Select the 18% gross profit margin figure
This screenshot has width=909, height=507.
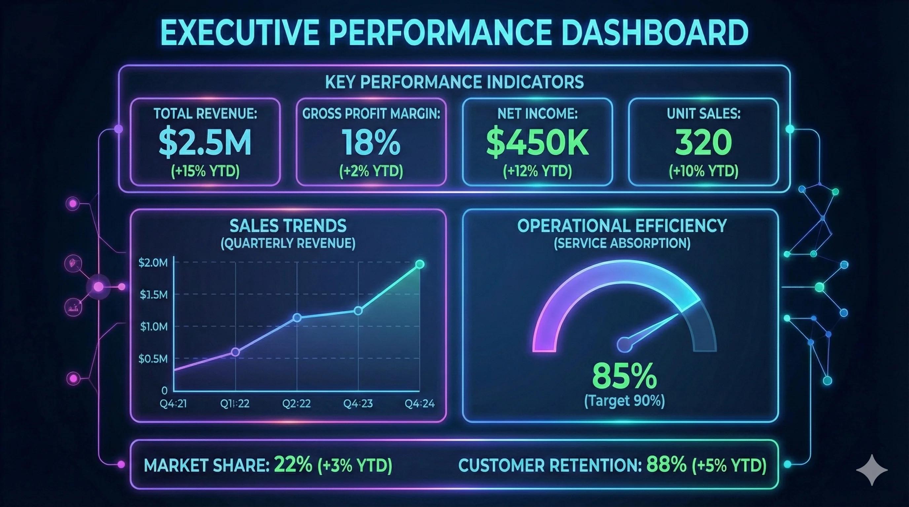coord(371,143)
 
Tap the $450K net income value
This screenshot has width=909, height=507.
coord(537,143)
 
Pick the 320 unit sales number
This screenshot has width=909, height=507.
coord(703,143)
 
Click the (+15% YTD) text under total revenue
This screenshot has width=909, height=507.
coord(205,171)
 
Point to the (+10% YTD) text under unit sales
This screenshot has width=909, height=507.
coord(703,171)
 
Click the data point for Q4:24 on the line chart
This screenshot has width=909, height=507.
coord(419,264)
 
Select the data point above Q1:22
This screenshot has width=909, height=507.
coord(236,352)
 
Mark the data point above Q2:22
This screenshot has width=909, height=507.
coord(297,318)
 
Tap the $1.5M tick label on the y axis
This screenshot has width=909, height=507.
coord(154,294)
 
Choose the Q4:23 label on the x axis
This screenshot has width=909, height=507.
coord(358,403)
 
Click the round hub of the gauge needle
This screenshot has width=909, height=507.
coord(624,345)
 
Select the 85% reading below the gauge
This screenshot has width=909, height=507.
coord(624,376)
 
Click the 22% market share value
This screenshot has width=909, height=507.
coord(293,465)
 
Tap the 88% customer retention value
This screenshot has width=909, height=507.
coord(666,465)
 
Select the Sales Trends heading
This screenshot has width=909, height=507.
coord(288,226)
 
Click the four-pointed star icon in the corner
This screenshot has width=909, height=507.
coord(872,470)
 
